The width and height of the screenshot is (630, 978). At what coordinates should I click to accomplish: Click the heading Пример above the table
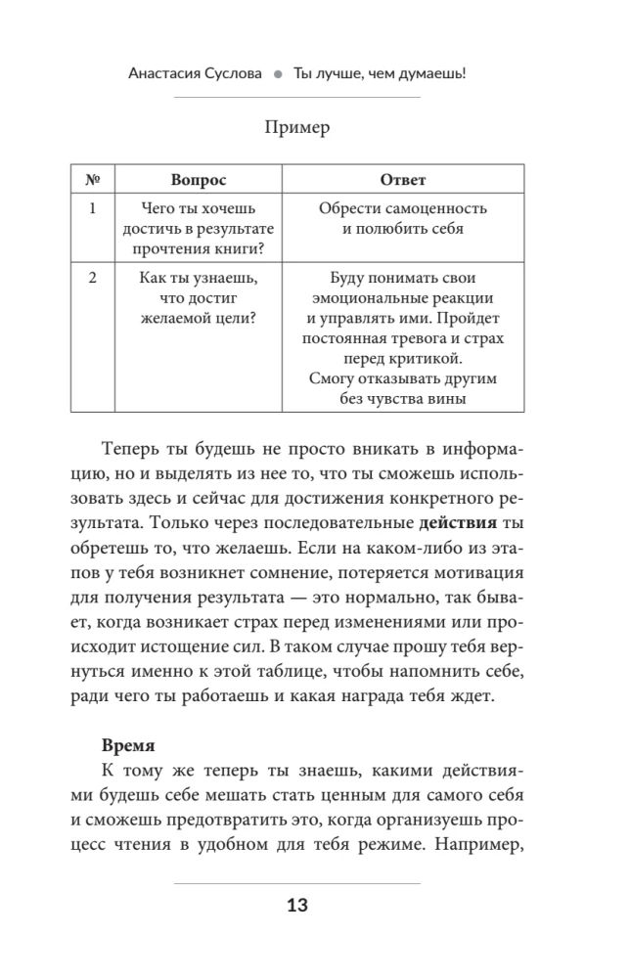coord(298,128)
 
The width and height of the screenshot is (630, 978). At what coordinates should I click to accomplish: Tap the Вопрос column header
coord(198,180)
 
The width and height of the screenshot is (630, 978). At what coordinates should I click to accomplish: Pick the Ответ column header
coord(402,180)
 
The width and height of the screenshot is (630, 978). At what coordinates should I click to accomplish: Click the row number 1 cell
coord(94,209)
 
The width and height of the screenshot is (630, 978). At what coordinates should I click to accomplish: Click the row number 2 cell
coord(94,279)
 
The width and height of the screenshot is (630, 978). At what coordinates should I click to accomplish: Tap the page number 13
coord(297,906)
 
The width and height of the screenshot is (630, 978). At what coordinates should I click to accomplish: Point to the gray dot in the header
coord(278,73)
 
